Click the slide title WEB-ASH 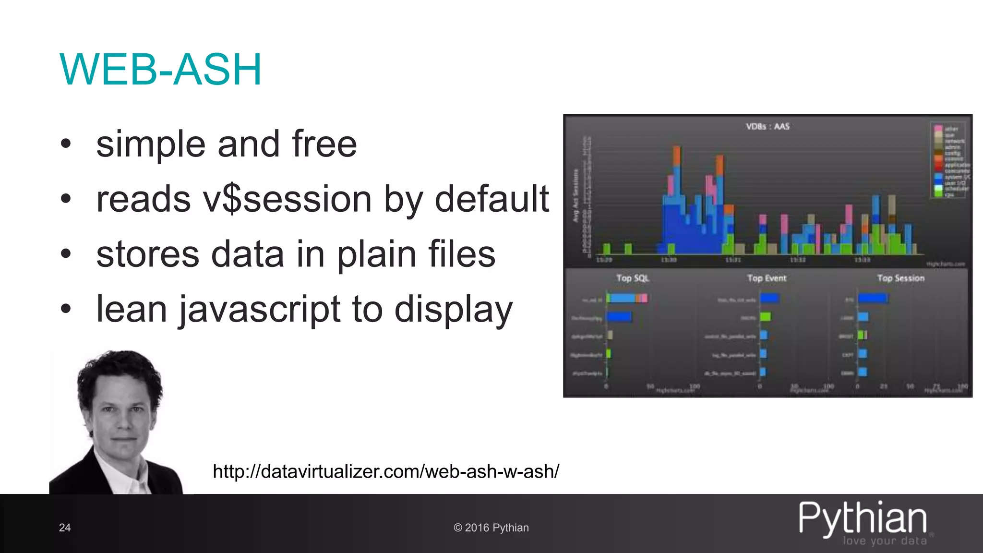161,70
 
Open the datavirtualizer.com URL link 386,471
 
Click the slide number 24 65,528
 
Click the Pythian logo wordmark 863,518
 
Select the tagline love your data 885,541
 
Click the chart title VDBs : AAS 767,126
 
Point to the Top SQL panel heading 632,278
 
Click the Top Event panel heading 767,278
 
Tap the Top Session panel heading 900,278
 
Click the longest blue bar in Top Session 873,299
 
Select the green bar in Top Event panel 765,317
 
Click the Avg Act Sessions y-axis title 575,195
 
